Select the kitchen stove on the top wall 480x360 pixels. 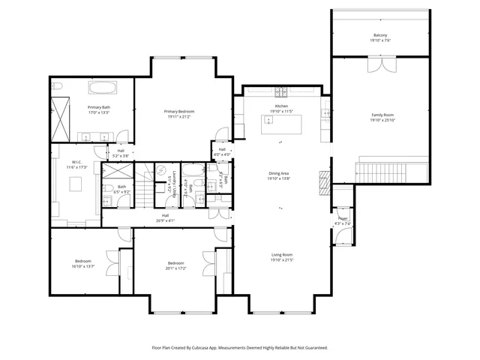[x=281, y=93]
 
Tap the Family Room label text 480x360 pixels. [x=382, y=115]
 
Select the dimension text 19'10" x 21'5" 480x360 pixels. [x=281, y=260]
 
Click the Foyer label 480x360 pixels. [x=343, y=218]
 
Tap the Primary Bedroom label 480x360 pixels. [x=179, y=111]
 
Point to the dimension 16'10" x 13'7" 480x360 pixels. [x=82, y=266]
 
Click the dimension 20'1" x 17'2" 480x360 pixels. [x=176, y=268]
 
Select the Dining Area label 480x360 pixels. [x=279, y=174]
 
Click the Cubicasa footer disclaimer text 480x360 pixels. [x=240, y=347]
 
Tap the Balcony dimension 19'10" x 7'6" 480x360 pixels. [x=381, y=40]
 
